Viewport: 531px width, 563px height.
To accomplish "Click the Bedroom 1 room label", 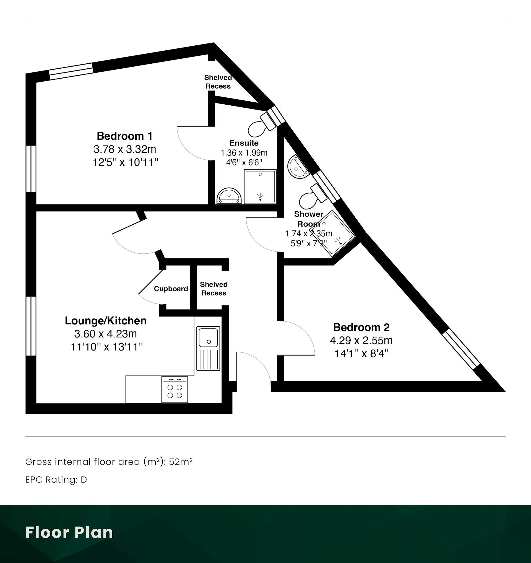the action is pyautogui.click(x=124, y=136).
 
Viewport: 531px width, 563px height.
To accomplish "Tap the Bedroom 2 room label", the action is pyautogui.click(x=361, y=327).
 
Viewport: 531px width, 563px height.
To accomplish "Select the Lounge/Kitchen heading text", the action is pyautogui.click(x=106, y=321).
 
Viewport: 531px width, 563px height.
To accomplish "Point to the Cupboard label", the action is pyautogui.click(x=171, y=289).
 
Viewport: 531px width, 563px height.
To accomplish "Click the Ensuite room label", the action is pyautogui.click(x=244, y=143).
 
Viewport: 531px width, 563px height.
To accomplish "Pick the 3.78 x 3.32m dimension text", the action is pyautogui.click(x=125, y=149).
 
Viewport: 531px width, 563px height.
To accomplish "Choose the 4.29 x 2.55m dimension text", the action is pyautogui.click(x=361, y=340).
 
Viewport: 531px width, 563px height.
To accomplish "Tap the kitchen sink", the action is pyautogui.click(x=209, y=348).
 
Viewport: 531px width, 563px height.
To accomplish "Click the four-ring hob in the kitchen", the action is pyautogui.click(x=175, y=390).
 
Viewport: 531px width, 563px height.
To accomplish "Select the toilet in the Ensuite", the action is pyautogui.click(x=262, y=125).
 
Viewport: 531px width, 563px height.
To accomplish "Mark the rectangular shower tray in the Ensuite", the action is pyautogui.click(x=260, y=187).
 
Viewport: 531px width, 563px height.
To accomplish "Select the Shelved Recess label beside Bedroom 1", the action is pyautogui.click(x=218, y=82).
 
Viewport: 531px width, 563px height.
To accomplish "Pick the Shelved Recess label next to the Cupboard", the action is pyautogui.click(x=214, y=289).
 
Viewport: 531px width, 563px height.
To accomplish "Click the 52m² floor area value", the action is pyautogui.click(x=181, y=462).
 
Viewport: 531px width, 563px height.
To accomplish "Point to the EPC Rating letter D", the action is pyautogui.click(x=84, y=480).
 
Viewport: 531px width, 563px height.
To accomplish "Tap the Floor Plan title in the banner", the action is pyautogui.click(x=69, y=532).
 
